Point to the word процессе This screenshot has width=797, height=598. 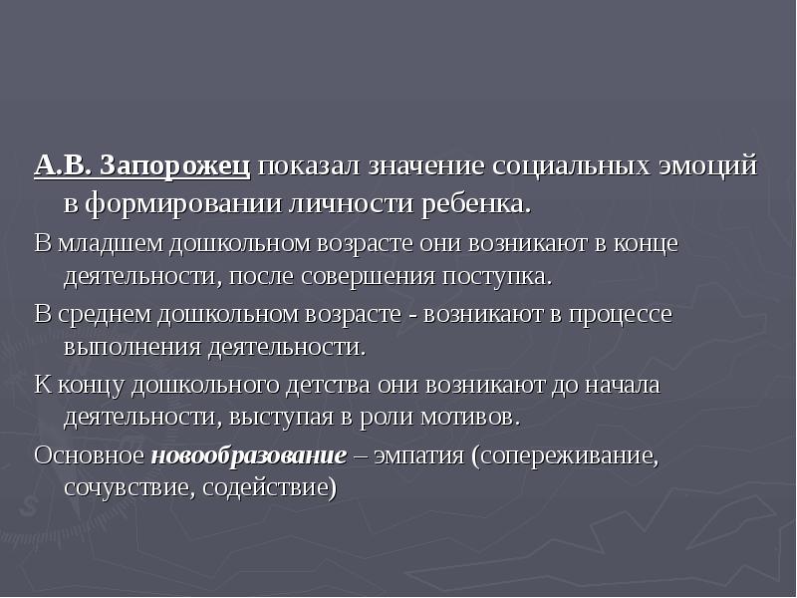[620, 315]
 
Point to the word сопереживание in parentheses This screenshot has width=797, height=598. [570, 455]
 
